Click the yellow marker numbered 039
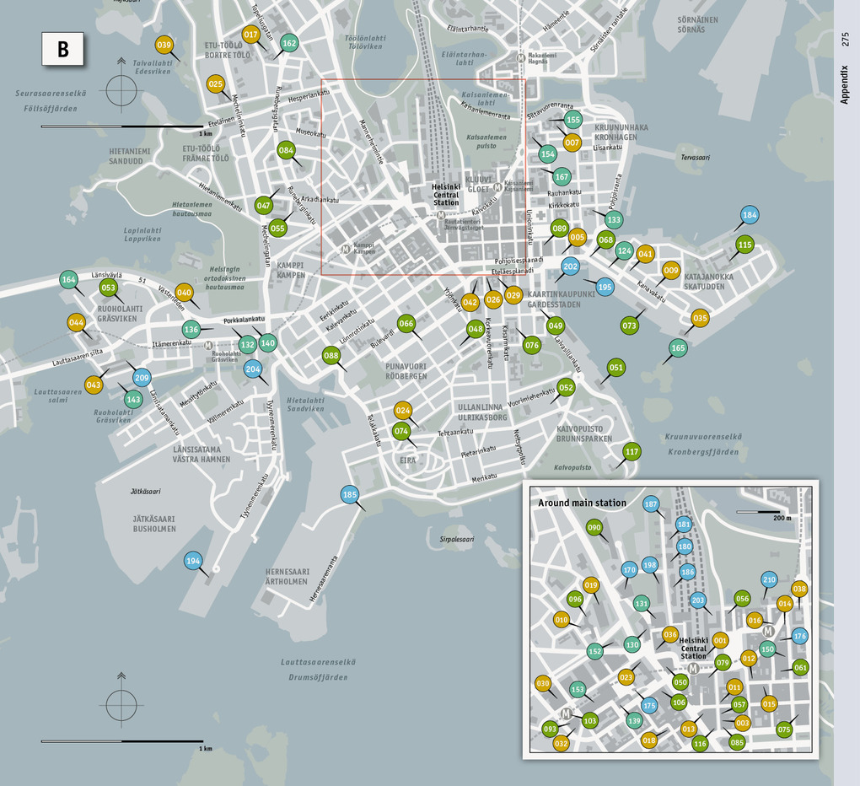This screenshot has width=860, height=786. (x=164, y=46)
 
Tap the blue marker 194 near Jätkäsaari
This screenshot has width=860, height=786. (x=194, y=560)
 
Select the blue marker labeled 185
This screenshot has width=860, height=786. (x=351, y=494)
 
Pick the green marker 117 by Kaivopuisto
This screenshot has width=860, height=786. (x=632, y=451)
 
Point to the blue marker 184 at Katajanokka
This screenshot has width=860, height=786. (x=749, y=215)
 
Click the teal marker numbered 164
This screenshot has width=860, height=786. (x=69, y=280)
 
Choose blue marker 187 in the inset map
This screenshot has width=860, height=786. (x=651, y=504)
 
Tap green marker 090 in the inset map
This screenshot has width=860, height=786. (x=594, y=528)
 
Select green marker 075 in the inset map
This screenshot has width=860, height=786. (x=785, y=729)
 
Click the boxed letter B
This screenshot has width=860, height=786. (x=63, y=49)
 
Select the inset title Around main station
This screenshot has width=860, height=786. (x=582, y=503)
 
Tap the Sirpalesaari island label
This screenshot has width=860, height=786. (x=457, y=538)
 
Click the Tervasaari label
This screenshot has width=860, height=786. (x=696, y=158)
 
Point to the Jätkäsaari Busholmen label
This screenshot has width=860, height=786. (x=154, y=523)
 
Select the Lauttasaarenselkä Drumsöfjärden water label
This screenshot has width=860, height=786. (x=319, y=670)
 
